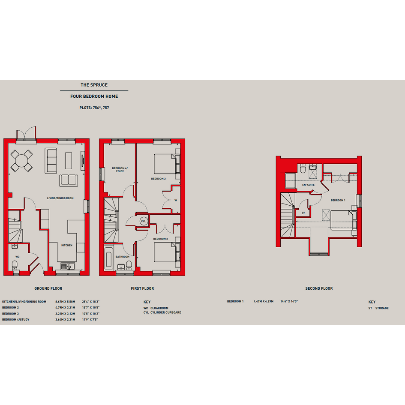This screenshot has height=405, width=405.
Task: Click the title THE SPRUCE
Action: click(x=94, y=85)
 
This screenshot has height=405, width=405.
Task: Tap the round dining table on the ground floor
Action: click(x=21, y=161)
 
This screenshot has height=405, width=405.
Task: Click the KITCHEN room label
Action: click(x=67, y=246)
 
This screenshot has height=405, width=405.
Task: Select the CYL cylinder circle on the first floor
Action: click(x=143, y=221)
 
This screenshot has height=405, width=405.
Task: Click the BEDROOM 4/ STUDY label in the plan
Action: click(x=120, y=170)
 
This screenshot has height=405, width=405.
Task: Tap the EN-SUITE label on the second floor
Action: click(x=309, y=185)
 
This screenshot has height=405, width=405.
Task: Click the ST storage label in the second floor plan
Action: click(x=303, y=213)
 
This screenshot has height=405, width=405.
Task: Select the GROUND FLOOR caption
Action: click(x=48, y=288)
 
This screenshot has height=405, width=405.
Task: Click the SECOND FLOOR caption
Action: click(x=319, y=288)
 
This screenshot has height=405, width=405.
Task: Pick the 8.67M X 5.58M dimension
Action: click(x=65, y=302)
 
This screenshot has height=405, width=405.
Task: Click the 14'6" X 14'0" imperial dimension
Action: click(x=289, y=301)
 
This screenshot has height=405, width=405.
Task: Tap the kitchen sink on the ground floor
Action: click(x=68, y=266)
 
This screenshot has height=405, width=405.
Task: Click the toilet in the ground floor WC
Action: click(x=15, y=265)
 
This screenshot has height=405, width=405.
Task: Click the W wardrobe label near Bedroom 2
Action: click(x=176, y=200)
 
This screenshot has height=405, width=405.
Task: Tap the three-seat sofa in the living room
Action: click(x=51, y=161)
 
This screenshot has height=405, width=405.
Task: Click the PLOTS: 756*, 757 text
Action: click(x=94, y=108)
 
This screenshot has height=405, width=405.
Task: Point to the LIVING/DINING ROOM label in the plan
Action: click(x=60, y=198)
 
